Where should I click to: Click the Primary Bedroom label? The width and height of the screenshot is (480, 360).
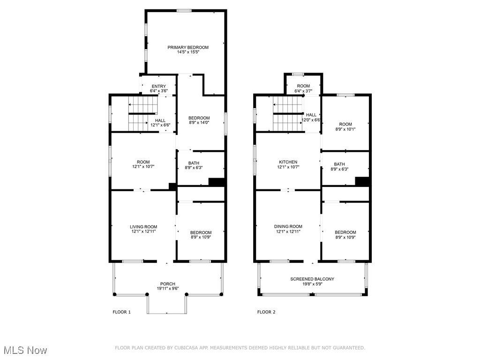[188, 47]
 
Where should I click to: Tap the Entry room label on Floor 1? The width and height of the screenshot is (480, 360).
[158, 86]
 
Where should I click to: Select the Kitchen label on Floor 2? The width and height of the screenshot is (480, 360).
[288, 162]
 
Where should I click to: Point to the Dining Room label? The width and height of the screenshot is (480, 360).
[288, 226]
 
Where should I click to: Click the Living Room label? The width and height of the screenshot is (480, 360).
[143, 227]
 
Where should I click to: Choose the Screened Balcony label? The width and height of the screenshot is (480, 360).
[312, 279]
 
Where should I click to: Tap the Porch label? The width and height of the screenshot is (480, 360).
[168, 284]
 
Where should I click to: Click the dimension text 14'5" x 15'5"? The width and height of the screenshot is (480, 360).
[188, 52]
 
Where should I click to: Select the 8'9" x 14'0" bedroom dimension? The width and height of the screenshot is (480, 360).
[199, 122]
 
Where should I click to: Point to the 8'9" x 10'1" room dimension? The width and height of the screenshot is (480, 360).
[345, 129]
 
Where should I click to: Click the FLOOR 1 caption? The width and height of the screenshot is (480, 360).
[121, 312]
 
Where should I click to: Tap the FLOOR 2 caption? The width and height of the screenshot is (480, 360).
[266, 312]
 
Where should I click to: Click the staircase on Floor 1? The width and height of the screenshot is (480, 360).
[142, 114]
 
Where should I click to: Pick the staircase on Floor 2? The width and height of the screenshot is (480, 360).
[288, 114]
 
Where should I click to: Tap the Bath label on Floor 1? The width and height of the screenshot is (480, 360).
[194, 163]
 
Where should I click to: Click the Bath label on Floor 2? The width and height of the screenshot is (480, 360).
[339, 165]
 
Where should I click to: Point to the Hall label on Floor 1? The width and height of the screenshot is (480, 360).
[160, 120]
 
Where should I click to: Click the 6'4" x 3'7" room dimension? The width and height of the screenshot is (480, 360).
[303, 91]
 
